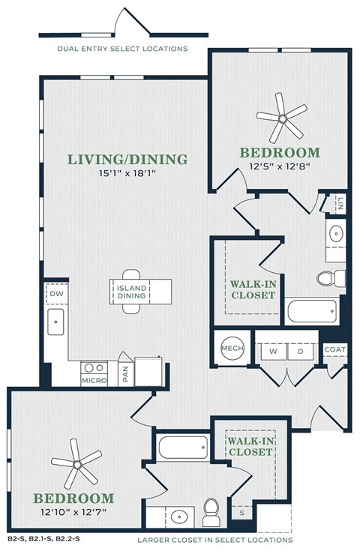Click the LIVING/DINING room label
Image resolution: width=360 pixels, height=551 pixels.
pyautogui.click(x=127, y=159)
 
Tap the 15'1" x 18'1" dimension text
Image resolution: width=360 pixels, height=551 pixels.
pyautogui.click(x=127, y=173)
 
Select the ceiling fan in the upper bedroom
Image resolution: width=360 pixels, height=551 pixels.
pyautogui.click(x=282, y=118)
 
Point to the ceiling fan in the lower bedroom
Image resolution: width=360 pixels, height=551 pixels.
pyautogui.click(x=77, y=464)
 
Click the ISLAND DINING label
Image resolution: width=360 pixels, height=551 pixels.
pyautogui.click(x=131, y=292)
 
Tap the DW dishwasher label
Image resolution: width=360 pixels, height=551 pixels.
pyautogui.click(x=56, y=293)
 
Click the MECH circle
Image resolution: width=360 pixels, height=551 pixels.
pyautogui.click(x=232, y=349)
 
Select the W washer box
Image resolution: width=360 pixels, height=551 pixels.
pyautogui.click(x=274, y=352)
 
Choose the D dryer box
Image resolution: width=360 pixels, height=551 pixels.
pyautogui.click(x=301, y=352)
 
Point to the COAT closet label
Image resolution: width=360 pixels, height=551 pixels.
pyautogui.click(x=335, y=349)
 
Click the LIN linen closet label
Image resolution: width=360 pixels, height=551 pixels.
pyautogui.click(x=340, y=203)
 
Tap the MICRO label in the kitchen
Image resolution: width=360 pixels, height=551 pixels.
pyautogui.click(x=94, y=380)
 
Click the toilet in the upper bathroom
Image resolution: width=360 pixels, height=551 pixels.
pyautogui.click(x=331, y=278)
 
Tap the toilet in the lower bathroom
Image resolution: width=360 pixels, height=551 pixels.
pyautogui.click(x=211, y=512)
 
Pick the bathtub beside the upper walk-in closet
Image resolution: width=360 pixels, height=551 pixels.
pyautogui.click(x=312, y=311)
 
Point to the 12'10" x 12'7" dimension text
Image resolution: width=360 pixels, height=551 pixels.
pyautogui.click(x=73, y=512)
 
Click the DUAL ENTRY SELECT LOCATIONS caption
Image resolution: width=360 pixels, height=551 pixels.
pyautogui.click(x=123, y=49)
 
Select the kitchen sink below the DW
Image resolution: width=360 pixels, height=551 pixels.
pyautogui.click(x=55, y=322)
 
